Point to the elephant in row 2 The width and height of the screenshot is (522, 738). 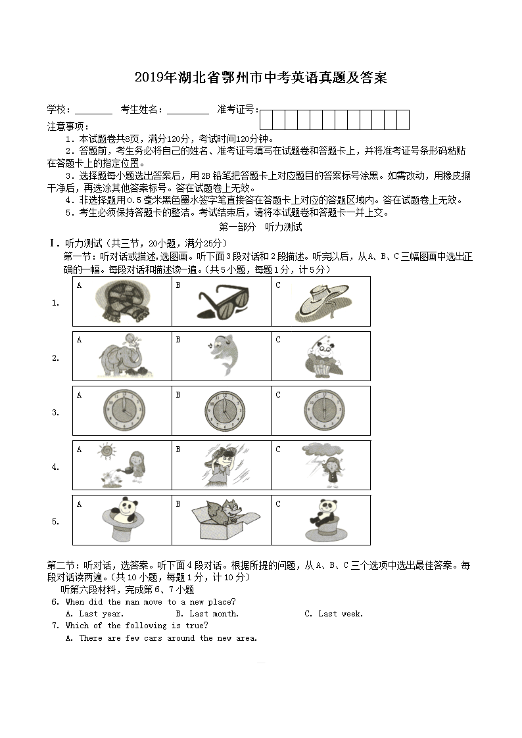tap(120, 357)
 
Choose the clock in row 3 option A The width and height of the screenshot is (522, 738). tap(122, 411)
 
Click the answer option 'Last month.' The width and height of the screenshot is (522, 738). tap(214, 614)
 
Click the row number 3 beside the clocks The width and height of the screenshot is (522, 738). tap(55, 413)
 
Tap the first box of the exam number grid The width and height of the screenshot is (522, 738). tap(266, 120)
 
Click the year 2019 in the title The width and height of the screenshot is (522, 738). tap(151, 78)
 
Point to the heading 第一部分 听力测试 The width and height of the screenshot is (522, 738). tap(260, 227)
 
